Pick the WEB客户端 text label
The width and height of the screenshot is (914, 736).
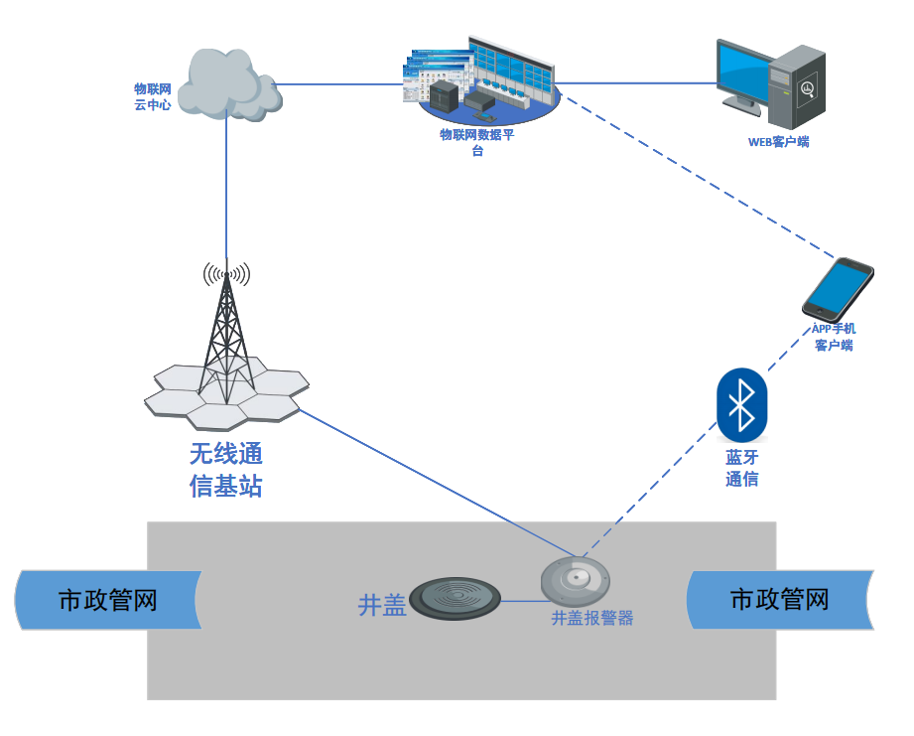coord(778,142)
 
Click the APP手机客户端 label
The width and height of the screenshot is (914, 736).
coord(834,337)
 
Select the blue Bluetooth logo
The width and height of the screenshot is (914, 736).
coord(741,404)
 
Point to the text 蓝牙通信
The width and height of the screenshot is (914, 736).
coord(741,468)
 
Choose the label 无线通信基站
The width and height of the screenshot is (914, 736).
coord(226,470)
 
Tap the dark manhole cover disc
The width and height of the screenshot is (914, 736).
coord(453,599)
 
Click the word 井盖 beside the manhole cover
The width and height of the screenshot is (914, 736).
coord(382,605)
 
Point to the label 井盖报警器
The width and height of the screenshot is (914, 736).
coord(592,618)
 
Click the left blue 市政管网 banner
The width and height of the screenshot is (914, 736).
coord(108,600)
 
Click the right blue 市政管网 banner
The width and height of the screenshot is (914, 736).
coord(779,600)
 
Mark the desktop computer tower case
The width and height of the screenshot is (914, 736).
coord(800,83)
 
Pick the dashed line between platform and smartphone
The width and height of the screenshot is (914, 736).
coord(695,175)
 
